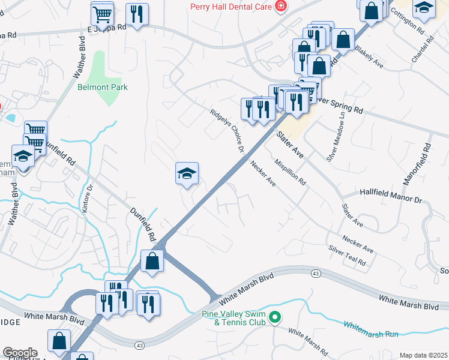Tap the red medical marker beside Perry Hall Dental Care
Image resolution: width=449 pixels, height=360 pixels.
click(x=280, y=7)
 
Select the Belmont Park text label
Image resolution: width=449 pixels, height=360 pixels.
click(x=103, y=87)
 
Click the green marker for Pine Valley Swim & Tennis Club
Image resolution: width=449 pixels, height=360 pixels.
click(x=276, y=316)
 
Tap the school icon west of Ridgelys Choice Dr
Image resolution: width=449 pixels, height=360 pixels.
click(x=187, y=174)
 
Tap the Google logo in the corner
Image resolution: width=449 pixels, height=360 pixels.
click(x=19, y=352)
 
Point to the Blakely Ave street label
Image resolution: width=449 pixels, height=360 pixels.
click(x=369, y=55)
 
